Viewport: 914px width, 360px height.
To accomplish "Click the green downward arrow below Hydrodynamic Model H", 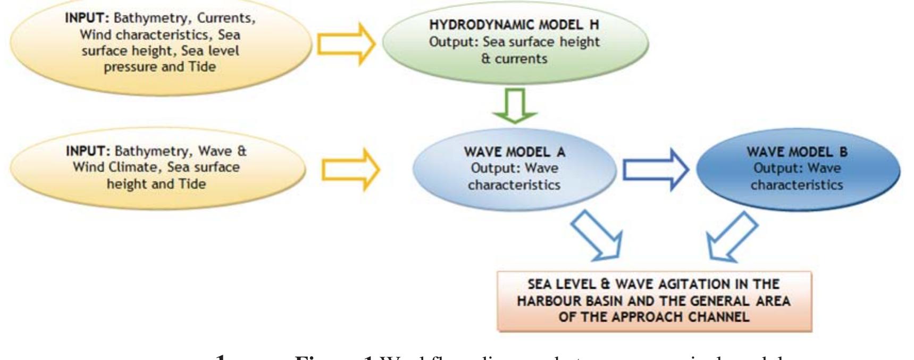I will (x=515, y=106).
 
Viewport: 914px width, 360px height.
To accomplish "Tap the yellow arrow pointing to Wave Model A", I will (x=350, y=170).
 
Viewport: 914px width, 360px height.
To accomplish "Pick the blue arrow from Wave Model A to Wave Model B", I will (x=655, y=169).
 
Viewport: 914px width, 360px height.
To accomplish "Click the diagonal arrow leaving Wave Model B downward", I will (x=731, y=236).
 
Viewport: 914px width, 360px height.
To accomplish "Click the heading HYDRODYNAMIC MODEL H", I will (x=514, y=25).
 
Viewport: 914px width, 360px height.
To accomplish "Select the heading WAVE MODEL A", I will (x=514, y=152).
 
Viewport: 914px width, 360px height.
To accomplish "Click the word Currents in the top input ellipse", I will (x=226, y=18).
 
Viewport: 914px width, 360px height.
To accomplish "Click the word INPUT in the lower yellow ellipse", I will (x=88, y=151).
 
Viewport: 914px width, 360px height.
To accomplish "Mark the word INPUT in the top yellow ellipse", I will (x=87, y=18).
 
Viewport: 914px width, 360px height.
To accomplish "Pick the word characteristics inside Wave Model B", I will (x=796, y=185).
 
